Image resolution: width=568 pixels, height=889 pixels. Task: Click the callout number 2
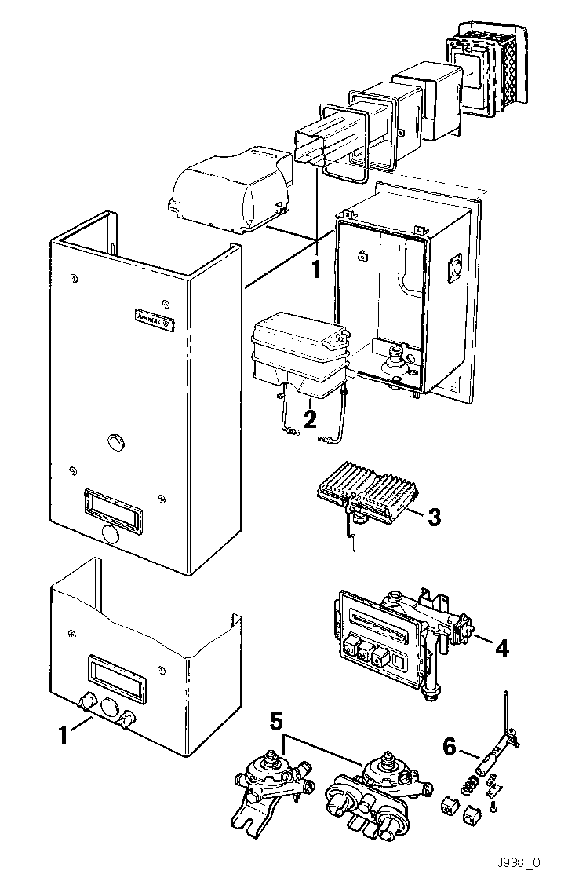pos(310,418)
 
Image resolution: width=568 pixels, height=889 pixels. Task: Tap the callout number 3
pos(435,517)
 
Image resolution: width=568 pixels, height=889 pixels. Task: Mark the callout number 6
pos(449,747)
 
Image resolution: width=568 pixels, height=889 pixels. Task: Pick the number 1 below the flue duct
pos(316,269)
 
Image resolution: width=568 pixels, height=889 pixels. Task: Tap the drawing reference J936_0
pos(518,862)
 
